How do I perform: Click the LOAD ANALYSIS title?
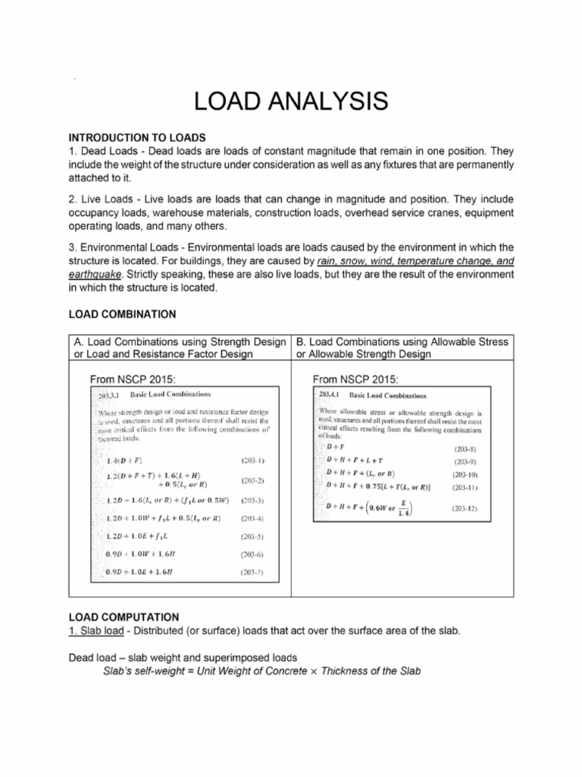click(x=290, y=101)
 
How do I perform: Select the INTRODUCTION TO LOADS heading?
click(x=137, y=137)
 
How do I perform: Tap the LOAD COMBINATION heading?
click(x=123, y=313)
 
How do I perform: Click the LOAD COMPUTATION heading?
click(x=124, y=618)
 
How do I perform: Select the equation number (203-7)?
click(x=252, y=571)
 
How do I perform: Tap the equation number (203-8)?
click(x=465, y=449)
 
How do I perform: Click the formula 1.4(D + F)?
click(x=126, y=461)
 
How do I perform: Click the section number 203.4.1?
click(x=331, y=395)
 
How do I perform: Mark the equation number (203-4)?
click(x=252, y=519)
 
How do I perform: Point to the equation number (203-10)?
click(x=465, y=473)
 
